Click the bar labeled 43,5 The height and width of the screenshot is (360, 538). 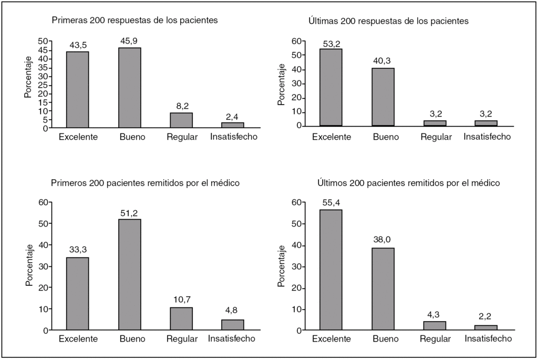[77, 89]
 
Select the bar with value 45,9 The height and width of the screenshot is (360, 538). [129, 87]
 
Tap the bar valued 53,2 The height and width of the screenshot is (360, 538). [330, 87]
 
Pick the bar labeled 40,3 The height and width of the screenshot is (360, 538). [382, 97]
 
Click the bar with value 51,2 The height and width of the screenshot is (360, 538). [129, 274]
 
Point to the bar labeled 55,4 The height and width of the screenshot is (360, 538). [330, 270]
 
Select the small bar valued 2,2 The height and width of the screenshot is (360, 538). [486, 327]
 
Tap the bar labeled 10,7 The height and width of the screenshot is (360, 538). [181, 318]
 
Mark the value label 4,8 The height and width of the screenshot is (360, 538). [231, 310]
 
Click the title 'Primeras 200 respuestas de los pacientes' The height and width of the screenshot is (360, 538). [134, 20]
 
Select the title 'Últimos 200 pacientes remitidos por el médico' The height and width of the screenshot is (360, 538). [408, 183]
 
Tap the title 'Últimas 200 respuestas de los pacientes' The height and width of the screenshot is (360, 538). [388, 21]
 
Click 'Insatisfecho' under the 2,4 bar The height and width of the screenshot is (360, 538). [233, 137]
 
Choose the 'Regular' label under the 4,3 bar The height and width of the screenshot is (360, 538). [436, 339]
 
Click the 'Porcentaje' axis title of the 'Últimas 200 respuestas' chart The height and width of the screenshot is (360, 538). [282, 83]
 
